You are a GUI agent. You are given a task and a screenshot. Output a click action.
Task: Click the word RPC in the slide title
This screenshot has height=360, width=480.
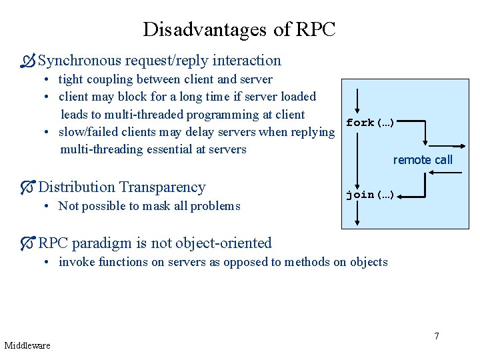pyautogui.click(x=315, y=30)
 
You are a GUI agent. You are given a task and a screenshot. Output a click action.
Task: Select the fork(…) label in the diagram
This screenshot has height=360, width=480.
pyautogui.click(x=371, y=123)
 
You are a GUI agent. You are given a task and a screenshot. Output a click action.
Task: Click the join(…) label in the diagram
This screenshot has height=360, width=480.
pyautogui.click(x=371, y=195)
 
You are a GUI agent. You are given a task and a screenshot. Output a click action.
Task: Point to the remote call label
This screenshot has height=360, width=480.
pyautogui.click(x=423, y=159)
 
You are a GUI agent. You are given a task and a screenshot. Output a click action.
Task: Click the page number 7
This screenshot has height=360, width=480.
pyautogui.click(x=437, y=335)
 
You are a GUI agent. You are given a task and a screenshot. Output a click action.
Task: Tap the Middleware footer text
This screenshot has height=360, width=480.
pyautogui.click(x=27, y=345)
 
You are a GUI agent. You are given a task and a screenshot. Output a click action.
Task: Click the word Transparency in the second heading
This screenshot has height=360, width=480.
pyautogui.click(x=162, y=187)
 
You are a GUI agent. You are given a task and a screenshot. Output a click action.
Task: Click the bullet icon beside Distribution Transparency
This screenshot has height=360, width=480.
pyautogui.click(x=27, y=187)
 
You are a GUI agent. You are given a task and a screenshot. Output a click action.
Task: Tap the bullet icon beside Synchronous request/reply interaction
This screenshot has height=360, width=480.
pyautogui.click(x=27, y=61)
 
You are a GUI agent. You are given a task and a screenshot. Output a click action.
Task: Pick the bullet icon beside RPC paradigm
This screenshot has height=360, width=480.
pyautogui.click(x=27, y=243)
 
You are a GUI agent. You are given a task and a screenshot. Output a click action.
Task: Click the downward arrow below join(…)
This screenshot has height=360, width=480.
pyautogui.click(x=358, y=213)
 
